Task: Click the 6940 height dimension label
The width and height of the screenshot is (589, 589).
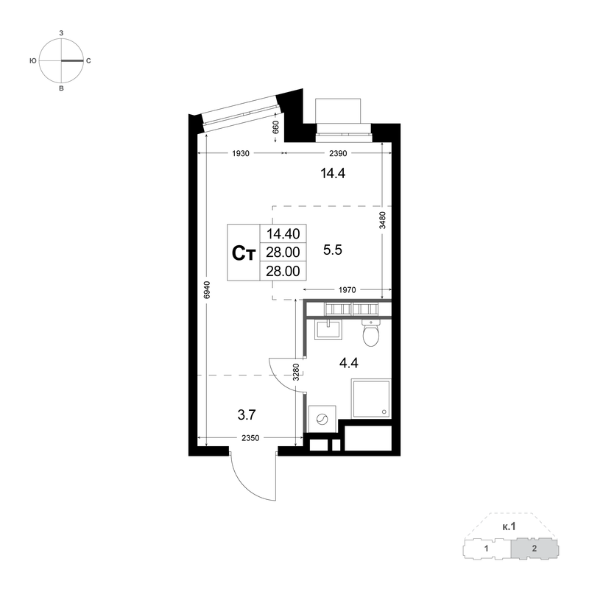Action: (208, 290)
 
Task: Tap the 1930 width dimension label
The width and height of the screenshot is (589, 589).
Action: (241, 153)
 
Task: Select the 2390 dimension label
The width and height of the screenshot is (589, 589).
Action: (338, 153)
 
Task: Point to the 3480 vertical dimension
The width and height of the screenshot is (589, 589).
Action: (382, 220)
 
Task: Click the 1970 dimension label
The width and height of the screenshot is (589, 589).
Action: (347, 290)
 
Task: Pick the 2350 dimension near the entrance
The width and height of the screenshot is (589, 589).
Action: (250, 438)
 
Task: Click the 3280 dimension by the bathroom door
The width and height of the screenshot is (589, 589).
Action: (297, 373)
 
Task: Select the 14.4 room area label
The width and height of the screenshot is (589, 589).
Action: (333, 174)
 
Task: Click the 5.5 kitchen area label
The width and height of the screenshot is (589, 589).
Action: (333, 250)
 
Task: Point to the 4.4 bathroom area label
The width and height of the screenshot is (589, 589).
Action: (348, 363)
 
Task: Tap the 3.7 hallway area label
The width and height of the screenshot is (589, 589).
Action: (247, 415)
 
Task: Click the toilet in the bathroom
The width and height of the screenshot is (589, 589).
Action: (371, 333)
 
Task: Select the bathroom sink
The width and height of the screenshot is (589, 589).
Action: (328, 330)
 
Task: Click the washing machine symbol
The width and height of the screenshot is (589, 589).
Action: (322, 419)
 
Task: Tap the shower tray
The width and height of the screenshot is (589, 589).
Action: (371, 398)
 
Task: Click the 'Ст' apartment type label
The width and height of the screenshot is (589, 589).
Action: (244, 253)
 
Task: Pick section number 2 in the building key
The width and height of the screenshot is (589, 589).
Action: (535, 549)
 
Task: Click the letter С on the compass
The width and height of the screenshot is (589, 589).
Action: (88, 61)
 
